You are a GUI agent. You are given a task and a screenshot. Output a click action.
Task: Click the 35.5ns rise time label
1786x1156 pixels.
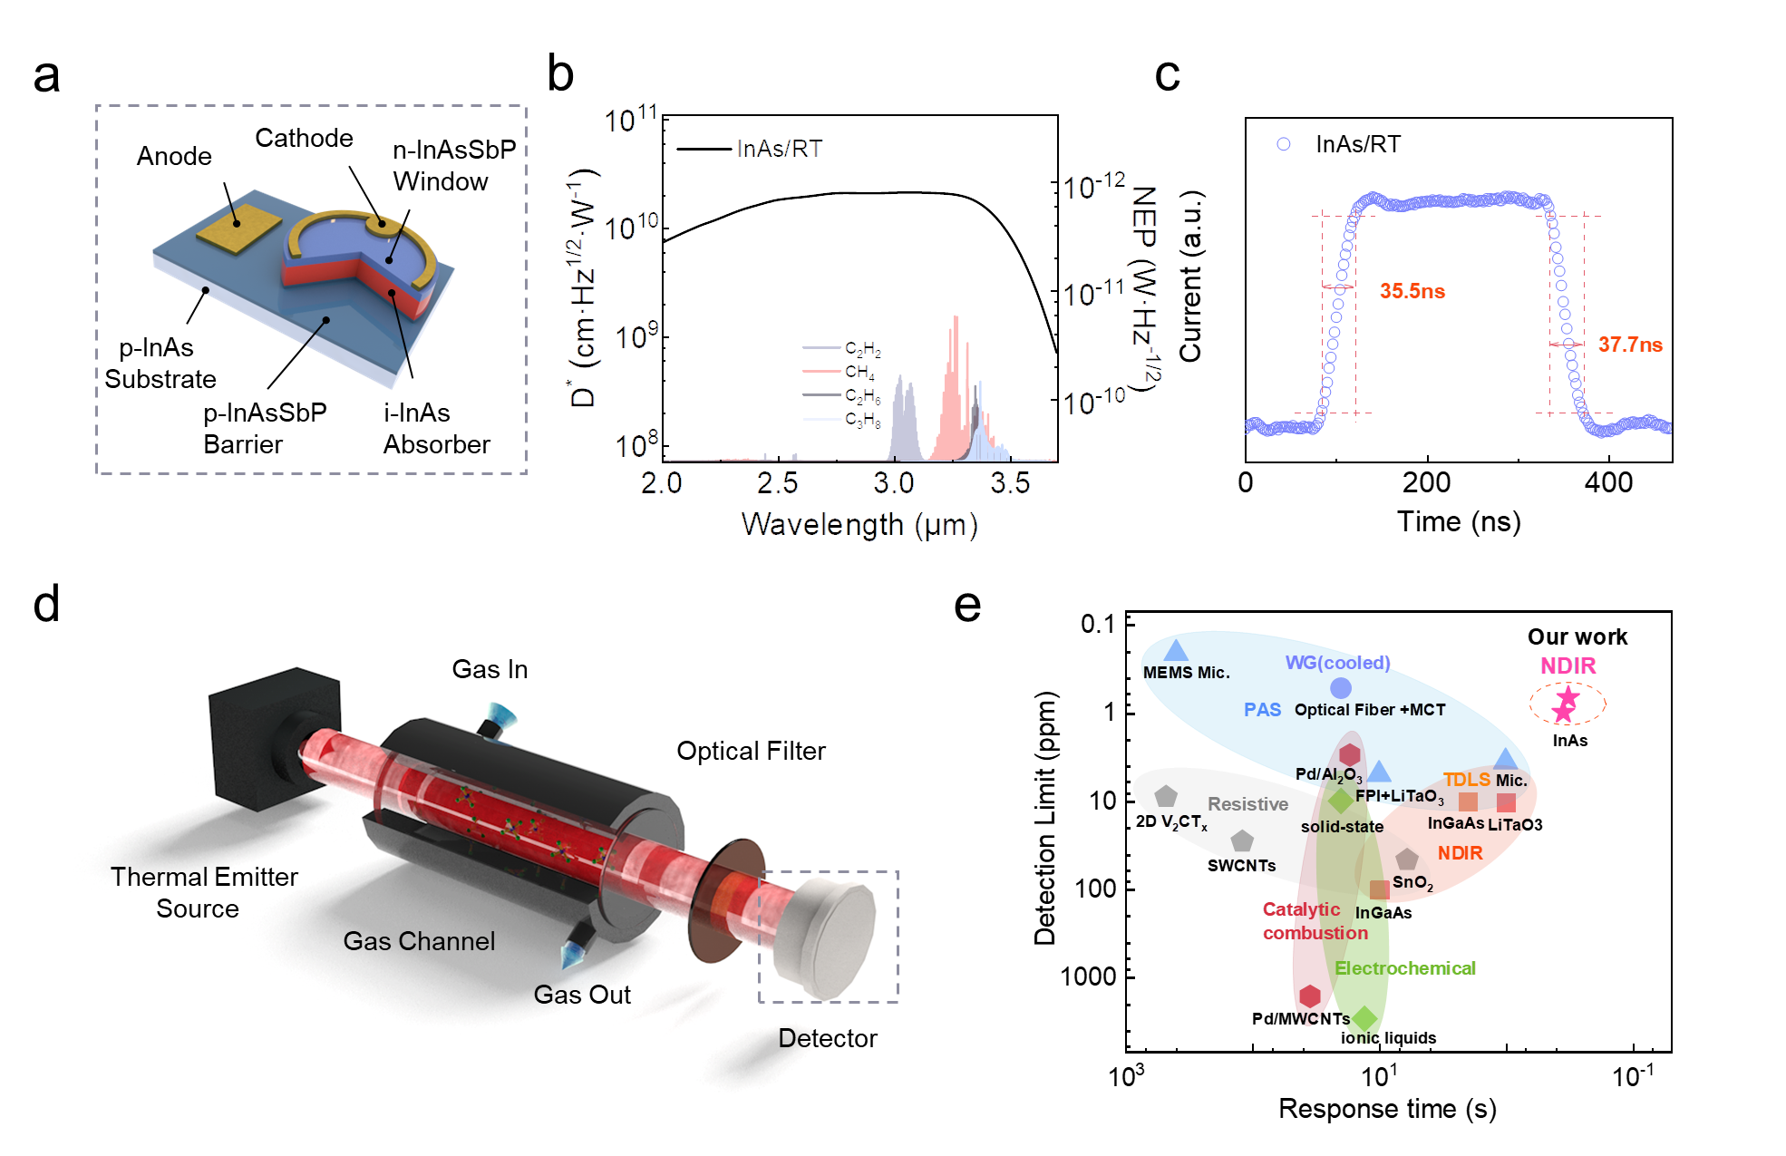pyautogui.click(x=1412, y=291)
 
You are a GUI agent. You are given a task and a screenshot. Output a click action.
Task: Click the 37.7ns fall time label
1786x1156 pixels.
pyautogui.click(x=1630, y=345)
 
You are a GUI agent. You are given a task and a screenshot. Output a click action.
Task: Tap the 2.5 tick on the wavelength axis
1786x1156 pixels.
pyautogui.click(x=777, y=482)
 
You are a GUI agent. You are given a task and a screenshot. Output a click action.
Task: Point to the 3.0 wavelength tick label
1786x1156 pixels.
pyautogui.click(x=893, y=482)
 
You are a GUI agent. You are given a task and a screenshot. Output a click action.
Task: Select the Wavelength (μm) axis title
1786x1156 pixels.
pyautogui.click(x=859, y=524)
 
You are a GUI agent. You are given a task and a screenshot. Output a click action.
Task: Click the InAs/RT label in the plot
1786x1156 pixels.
pyautogui.click(x=780, y=149)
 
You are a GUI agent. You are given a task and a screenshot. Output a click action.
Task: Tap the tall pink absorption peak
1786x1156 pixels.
pyautogui.click(x=955, y=363)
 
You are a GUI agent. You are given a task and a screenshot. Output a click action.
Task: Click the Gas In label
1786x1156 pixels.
pyautogui.click(x=490, y=669)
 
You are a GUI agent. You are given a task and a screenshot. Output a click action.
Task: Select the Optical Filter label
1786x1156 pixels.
pyautogui.click(x=751, y=751)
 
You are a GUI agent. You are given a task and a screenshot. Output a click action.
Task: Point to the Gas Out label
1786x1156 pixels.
pyautogui.click(x=582, y=995)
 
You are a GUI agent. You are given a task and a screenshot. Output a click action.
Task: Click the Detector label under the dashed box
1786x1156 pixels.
pyautogui.click(x=827, y=1038)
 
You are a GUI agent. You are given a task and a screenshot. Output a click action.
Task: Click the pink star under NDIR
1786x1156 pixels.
pyautogui.click(x=1566, y=704)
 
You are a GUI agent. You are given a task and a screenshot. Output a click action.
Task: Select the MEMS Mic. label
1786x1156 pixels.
pyautogui.click(x=1186, y=673)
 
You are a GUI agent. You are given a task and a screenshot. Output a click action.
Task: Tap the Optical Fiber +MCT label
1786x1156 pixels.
pyautogui.click(x=1369, y=710)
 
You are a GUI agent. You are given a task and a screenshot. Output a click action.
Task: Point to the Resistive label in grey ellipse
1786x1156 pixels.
pyautogui.click(x=1247, y=804)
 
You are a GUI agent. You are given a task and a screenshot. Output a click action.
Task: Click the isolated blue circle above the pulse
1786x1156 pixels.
pyautogui.click(x=1283, y=144)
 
